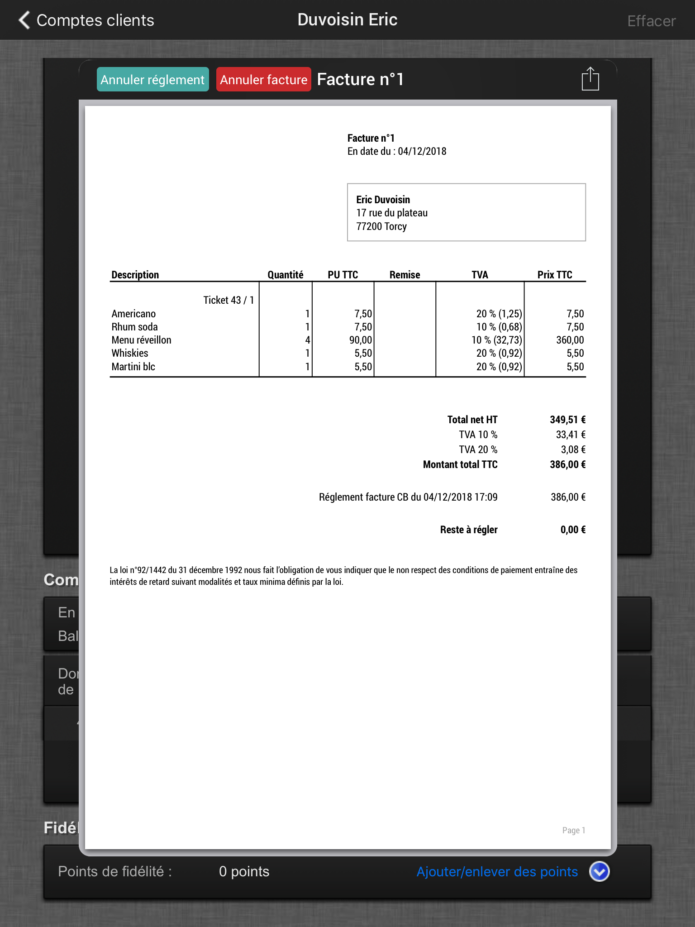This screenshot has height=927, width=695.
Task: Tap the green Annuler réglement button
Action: pos(152,80)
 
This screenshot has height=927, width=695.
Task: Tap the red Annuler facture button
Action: pos(263,80)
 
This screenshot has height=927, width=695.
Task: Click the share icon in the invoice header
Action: pos(590,80)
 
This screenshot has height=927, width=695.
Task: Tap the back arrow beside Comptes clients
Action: pos(24,20)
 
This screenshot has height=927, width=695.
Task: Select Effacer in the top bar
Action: pos(651,21)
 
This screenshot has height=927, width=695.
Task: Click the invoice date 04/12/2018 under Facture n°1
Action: pos(422,152)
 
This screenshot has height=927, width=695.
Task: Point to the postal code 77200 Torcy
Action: pos(381,226)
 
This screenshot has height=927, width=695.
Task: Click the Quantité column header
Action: pos(285,275)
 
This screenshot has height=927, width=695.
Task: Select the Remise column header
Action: pos(405,275)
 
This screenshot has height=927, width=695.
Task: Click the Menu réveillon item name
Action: pos(141,340)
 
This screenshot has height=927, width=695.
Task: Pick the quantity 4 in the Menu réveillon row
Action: pos(307,340)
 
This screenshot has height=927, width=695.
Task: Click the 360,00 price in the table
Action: pos(570,340)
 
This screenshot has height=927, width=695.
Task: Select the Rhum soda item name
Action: pos(134,327)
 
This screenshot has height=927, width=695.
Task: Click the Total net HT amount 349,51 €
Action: pos(567,420)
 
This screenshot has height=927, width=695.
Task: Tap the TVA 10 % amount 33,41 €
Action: pos(570,435)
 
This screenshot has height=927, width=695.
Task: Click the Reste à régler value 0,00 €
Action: pos(572,530)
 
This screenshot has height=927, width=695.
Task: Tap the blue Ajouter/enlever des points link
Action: pos(497,872)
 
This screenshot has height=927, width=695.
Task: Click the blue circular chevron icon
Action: pos(599,872)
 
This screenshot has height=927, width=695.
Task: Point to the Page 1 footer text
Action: pos(573,830)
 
